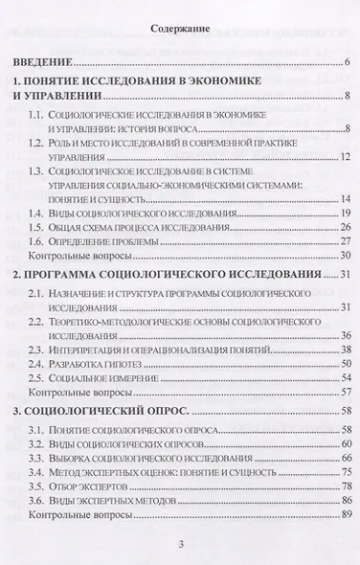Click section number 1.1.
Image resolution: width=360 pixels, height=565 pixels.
point(38,115)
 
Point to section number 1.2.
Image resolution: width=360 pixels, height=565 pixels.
point(38,142)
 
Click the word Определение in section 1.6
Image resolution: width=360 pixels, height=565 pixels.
point(94,241)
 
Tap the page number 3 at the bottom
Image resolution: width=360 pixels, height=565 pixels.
point(180,546)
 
